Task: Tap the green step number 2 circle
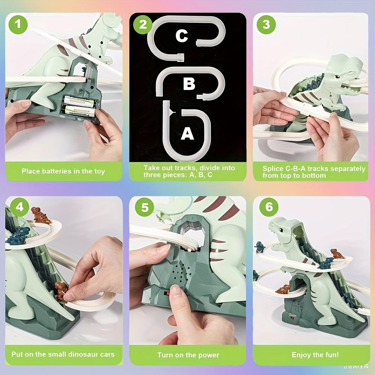(x=143, y=25)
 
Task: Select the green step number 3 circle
(x=266, y=25)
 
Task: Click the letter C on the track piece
(x=181, y=36)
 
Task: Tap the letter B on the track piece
(x=189, y=84)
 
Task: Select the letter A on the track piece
(x=187, y=133)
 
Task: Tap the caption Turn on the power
(x=188, y=355)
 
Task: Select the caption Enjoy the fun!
(x=315, y=355)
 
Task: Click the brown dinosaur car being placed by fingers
(x=61, y=291)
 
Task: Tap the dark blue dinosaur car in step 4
(x=18, y=235)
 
